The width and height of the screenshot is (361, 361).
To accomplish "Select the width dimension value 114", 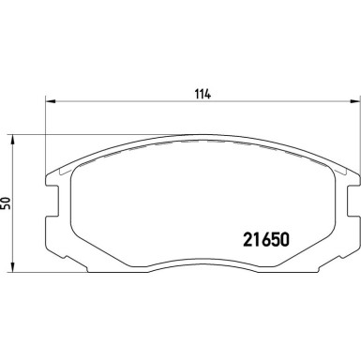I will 202,94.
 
